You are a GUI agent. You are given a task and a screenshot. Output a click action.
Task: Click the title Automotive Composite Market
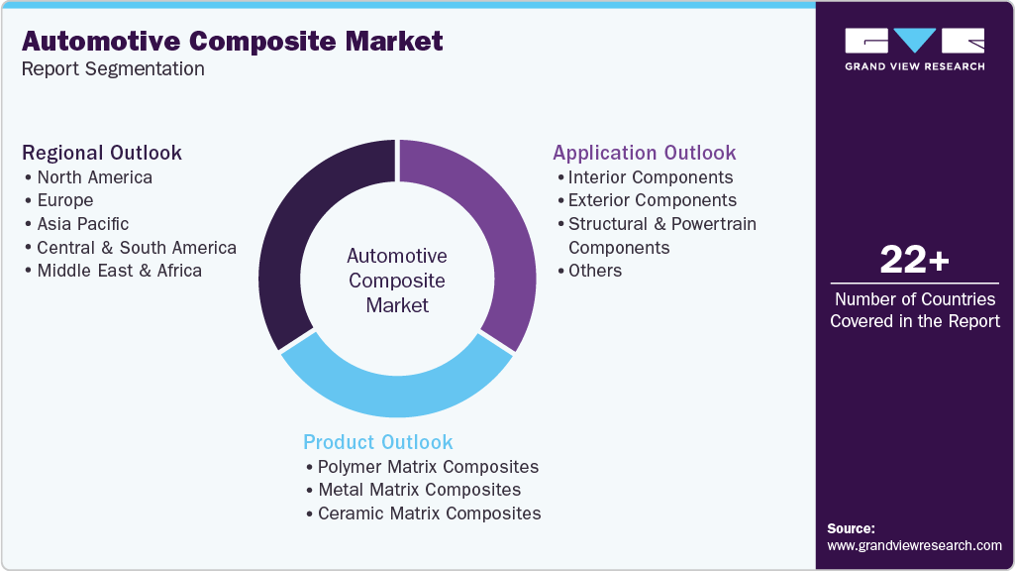232,42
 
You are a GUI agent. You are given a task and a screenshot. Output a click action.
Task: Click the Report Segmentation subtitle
113,68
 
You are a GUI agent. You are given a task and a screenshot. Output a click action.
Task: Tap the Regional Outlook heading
102,153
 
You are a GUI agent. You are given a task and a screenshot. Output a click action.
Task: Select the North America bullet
94,177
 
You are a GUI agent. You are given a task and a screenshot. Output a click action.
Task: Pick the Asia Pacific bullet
82,224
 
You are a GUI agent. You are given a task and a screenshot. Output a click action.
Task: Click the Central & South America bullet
136,248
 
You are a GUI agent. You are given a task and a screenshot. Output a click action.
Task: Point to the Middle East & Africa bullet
119,271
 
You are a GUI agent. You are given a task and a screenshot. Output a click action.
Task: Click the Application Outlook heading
645,153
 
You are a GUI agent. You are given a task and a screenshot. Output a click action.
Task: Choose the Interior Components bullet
650,177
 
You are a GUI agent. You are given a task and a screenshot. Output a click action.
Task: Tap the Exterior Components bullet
652,200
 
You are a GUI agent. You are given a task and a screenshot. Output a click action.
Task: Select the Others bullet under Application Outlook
594,271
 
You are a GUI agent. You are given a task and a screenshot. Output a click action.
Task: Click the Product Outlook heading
378,442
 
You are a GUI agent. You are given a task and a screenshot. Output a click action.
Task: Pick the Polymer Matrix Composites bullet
428,466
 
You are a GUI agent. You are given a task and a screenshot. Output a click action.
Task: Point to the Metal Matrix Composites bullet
419,490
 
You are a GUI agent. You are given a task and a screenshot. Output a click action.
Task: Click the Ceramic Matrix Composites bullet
429,514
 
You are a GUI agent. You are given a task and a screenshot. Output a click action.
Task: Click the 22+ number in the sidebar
914,261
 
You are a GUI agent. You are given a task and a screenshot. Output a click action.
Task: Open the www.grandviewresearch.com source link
914,545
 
